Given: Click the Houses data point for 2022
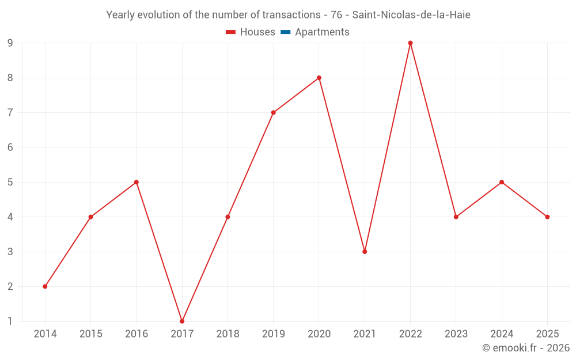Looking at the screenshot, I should (410, 43).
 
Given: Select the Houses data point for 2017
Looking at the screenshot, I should (182, 321).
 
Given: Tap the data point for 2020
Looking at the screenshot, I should (319, 78).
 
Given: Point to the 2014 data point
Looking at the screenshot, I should (45, 286).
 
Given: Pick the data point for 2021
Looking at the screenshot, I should (365, 252).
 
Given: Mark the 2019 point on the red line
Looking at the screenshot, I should (273, 112).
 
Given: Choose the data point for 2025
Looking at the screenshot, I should (547, 217).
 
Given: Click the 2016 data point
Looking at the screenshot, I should (137, 182).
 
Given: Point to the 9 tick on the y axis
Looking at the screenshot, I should (10, 43).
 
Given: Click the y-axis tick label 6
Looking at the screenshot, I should (10, 147).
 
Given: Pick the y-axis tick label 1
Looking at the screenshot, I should (10, 321).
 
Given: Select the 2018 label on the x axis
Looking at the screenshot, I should (228, 334).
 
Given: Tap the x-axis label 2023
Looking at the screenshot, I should (456, 334).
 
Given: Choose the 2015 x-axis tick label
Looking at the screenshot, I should (91, 334).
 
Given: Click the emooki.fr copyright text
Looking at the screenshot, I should (526, 348).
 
